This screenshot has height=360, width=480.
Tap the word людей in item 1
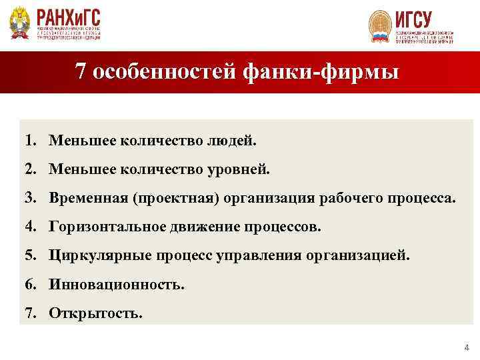[233, 141]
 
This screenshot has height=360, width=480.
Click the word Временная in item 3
[88, 199]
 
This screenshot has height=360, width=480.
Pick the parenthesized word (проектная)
[176, 199]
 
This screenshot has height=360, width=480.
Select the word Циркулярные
[96, 256]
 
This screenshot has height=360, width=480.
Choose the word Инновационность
[117, 285]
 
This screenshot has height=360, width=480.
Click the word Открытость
[95, 313]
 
